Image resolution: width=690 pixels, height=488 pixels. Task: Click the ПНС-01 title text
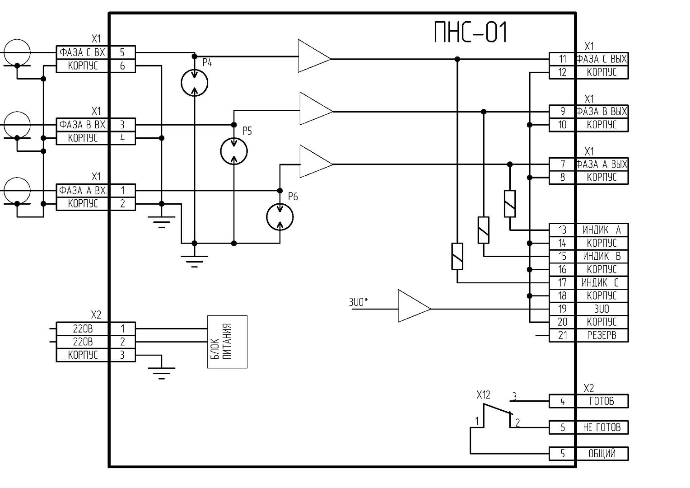point(471,33)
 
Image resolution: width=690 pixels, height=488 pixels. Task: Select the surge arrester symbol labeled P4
point(195,83)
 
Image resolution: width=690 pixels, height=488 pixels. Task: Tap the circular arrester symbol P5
point(234,151)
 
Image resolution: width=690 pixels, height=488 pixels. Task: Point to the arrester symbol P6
point(280,217)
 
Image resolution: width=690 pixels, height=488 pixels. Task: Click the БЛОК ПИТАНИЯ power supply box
point(227,342)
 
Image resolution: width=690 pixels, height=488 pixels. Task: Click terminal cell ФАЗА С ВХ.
point(83,52)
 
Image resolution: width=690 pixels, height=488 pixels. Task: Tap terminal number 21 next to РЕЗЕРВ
point(563,335)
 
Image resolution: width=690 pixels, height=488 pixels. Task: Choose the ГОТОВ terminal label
point(601,401)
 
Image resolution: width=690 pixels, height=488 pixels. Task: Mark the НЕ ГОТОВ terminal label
point(601,427)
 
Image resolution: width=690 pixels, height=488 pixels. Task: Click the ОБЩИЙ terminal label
point(601,453)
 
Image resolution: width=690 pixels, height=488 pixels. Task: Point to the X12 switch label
point(483,395)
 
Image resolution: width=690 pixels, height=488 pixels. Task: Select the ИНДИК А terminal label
point(601,230)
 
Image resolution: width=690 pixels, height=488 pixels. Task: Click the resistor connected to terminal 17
point(457,256)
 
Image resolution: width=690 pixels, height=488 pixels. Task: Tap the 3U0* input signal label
point(359,302)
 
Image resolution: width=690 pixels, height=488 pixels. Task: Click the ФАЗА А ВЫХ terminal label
point(601,164)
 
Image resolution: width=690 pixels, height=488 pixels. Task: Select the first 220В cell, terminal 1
point(83,328)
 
